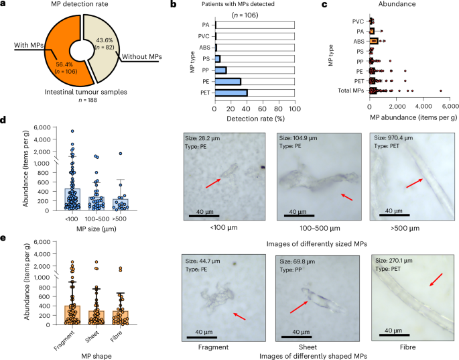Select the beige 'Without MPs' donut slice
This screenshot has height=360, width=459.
[x=103, y=44]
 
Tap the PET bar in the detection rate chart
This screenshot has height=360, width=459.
[x=231, y=93]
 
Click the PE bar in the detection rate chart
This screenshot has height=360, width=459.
[x=228, y=81]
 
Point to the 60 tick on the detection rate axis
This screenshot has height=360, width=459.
[x=263, y=109]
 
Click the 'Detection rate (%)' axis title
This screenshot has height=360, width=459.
[x=255, y=119]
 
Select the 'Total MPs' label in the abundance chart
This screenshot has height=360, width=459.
[x=350, y=91]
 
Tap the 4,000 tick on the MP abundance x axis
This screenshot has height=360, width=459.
[x=423, y=106]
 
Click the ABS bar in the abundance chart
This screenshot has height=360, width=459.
[x=374, y=42]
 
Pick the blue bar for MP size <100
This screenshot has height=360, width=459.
[x=72, y=199]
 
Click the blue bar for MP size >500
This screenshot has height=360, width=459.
[x=121, y=204]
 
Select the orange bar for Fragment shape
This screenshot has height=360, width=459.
[x=72, y=315]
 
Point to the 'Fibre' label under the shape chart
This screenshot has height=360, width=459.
[x=116, y=337]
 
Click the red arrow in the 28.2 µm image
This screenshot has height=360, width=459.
[x=213, y=183]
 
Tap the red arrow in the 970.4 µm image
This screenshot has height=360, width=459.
[x=415, y=183]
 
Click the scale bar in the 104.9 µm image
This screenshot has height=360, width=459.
[x=299, y=216]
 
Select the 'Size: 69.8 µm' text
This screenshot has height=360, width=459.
[x=298, y=261]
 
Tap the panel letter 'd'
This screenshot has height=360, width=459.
[x=3, y=120]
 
